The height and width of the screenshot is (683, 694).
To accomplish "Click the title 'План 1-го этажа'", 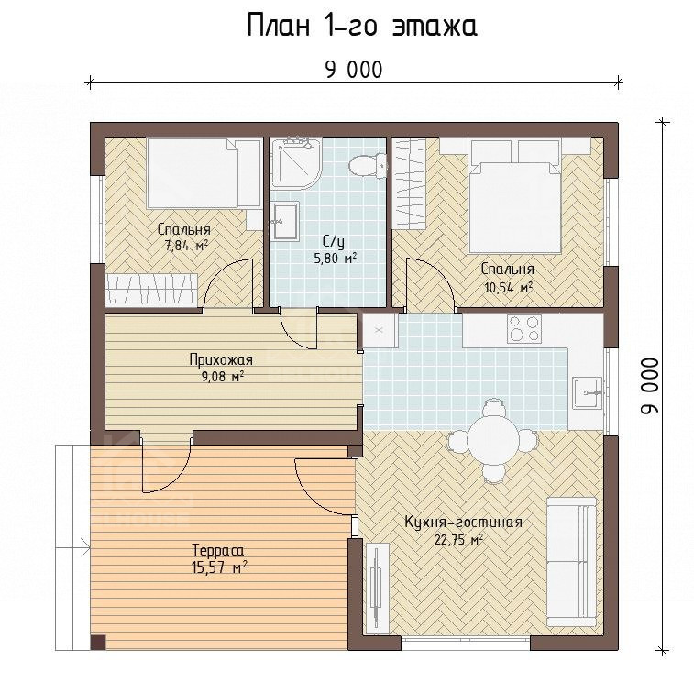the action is click(361, 26).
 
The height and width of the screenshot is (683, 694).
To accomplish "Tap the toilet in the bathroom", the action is click(368, 166).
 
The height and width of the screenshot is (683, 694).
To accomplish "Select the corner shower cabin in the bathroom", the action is click(295, 163).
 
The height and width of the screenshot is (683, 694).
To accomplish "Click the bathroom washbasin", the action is click(285, 221).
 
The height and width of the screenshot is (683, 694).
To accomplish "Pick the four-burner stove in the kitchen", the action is click(524, 328).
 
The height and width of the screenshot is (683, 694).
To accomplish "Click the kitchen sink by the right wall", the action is click(588, 392).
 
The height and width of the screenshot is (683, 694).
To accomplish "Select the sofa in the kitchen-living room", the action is click(571, 561).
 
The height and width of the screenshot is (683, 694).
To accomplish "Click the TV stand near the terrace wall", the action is click(377, 589).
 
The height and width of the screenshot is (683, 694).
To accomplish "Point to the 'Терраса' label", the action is click(218, 551).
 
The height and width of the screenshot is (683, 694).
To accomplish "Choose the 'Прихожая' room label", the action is click(221, 360).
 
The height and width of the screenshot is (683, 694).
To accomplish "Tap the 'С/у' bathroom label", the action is click(334, 242).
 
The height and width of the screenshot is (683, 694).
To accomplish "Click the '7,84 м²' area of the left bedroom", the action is click(186, 246).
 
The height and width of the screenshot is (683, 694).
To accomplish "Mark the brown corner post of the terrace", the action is click(98, 643).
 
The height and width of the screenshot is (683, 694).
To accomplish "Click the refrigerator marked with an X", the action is click(380, 331).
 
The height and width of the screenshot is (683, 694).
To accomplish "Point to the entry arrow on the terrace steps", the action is click(73, 548).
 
